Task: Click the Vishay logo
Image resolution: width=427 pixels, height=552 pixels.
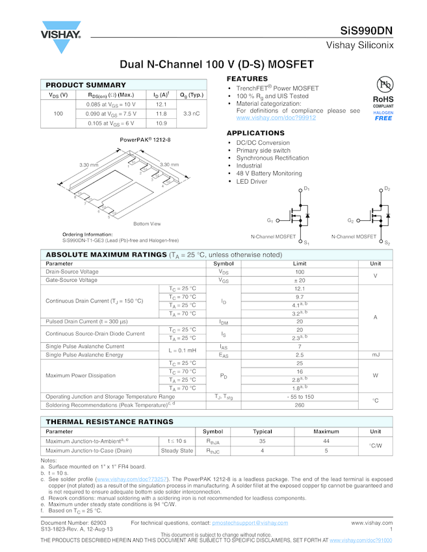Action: coord(61,37)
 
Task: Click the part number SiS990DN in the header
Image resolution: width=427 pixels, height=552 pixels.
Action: coord(366,31)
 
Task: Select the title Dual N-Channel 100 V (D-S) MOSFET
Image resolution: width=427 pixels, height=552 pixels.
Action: coord(217,65)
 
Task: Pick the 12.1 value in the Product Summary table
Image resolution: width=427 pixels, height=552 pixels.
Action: coord(161,104)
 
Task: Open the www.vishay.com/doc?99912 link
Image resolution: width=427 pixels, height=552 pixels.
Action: coord(276,118)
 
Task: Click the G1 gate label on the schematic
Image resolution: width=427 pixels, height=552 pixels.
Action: coord(270,220)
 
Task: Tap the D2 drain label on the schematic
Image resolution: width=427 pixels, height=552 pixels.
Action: coord(387,188)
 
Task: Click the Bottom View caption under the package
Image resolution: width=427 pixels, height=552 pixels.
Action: coord(146,224)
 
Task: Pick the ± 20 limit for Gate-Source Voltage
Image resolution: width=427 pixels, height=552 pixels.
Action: coord(300,280)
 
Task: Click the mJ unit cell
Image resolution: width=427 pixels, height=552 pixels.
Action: coord(376,355)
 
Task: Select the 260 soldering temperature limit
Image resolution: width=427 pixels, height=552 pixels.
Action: coord(300,405)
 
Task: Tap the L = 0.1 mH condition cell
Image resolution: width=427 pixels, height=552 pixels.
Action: coord(178,351)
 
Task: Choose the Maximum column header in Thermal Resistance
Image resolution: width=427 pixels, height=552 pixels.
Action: coord(326,431)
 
